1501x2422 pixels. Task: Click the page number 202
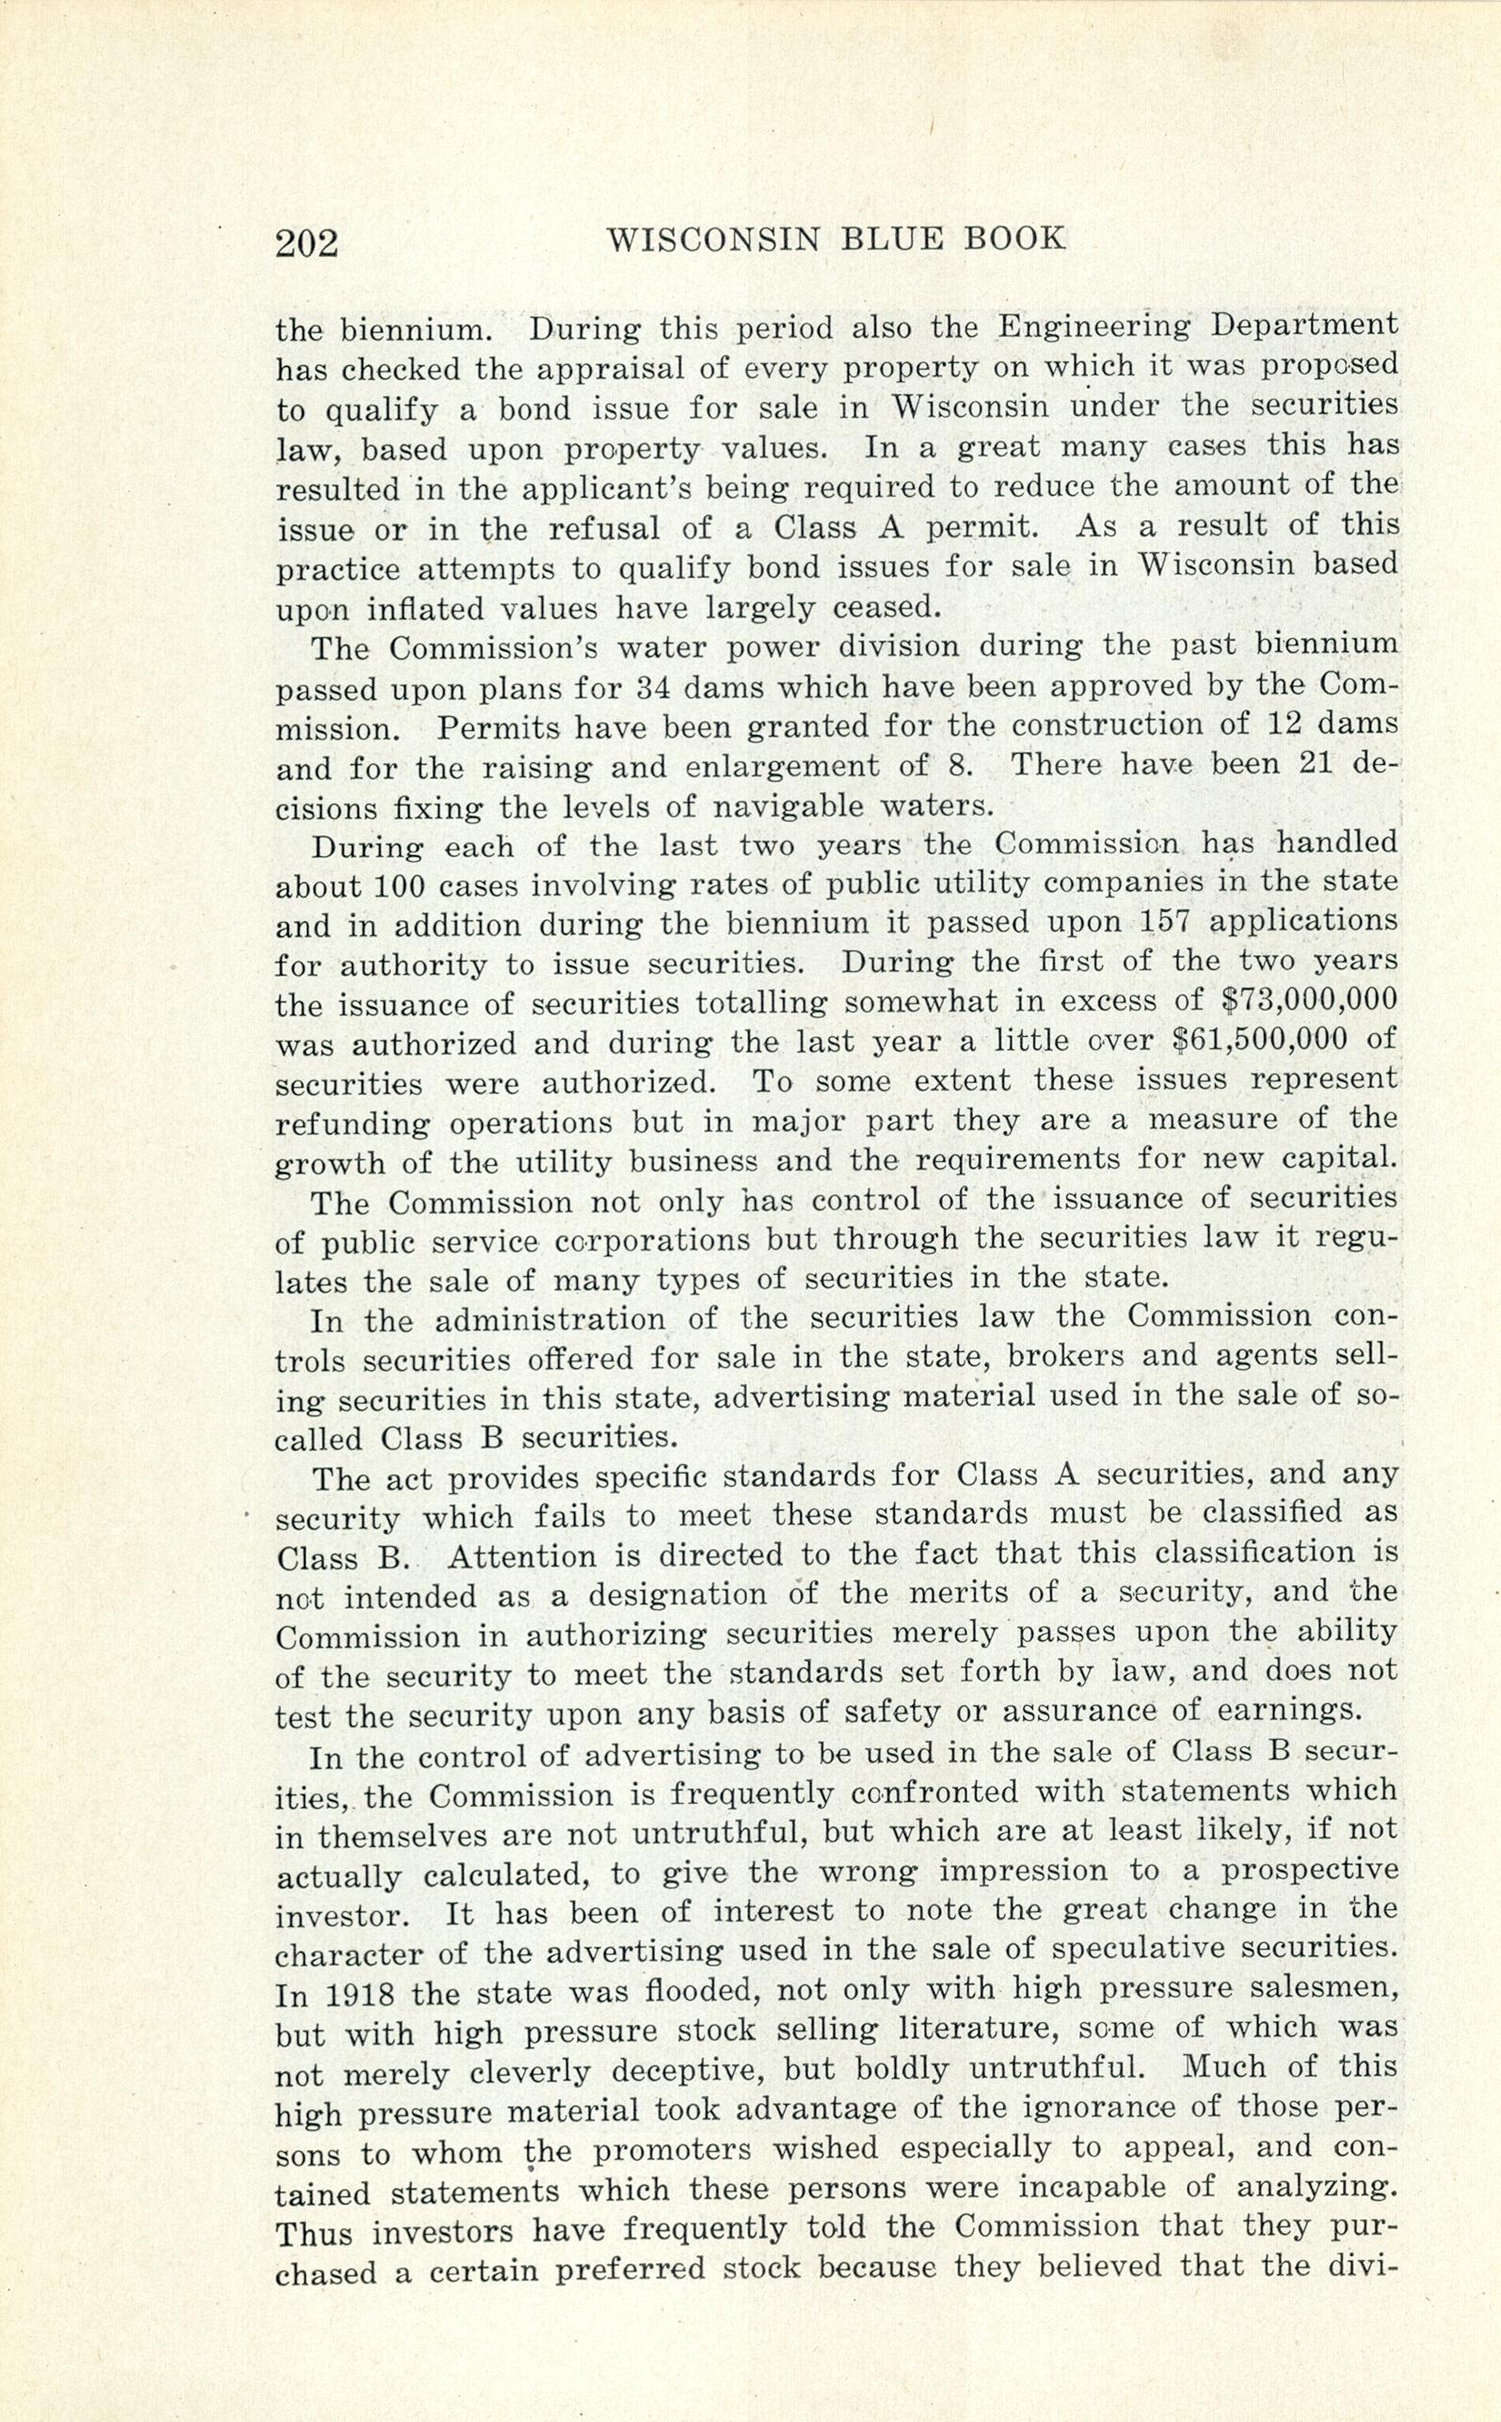(x=307, y=242)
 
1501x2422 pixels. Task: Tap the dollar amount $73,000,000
(x=1307, y=999)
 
